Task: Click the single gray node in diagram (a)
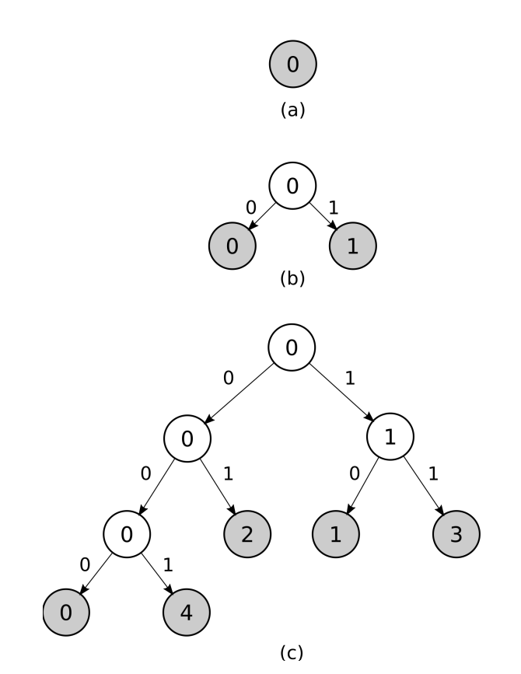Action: tap(292, 65)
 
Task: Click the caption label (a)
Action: tap(292, 110)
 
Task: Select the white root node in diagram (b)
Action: tap(292, 187)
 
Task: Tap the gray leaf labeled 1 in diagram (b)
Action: tap(352, 246)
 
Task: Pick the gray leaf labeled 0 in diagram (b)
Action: tap(232, 246)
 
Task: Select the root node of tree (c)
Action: tap(292, 348)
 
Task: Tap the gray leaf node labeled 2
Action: tap(247, 534)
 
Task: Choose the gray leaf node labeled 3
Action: tap(456, 534)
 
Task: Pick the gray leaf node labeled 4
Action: tap(187, 611)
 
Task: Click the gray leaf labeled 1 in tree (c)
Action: tap(337, 534)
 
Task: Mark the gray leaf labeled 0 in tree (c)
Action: tap(66, 611)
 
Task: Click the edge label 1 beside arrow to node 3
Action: tap(433, 473)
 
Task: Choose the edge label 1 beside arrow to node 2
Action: tap(229, 473)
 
